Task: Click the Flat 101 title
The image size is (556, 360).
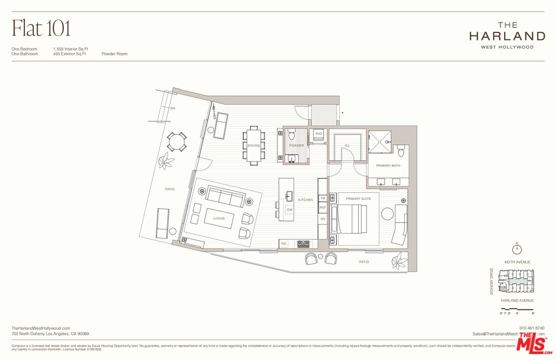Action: [41, 28]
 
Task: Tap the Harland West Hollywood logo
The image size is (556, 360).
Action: [507, 35]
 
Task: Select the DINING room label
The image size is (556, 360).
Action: [254, 145]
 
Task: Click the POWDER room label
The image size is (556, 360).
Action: [296, 145]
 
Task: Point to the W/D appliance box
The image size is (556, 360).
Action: [318, 134]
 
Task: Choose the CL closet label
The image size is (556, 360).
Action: [347, 145]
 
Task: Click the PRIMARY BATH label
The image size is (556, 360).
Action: [388, 165]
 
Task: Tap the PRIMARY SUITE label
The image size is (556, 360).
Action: [359, 199]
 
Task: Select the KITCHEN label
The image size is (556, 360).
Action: [305, 199]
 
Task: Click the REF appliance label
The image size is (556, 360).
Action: [323, 207]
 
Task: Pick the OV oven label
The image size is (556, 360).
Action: [323, 219]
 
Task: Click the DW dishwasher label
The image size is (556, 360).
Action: [289, 209]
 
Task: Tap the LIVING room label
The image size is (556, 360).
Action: [219, 218]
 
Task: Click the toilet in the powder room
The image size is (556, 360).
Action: [292, 134]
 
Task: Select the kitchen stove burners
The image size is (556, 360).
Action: [303, 244]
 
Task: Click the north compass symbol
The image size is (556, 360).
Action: [517, 249]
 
